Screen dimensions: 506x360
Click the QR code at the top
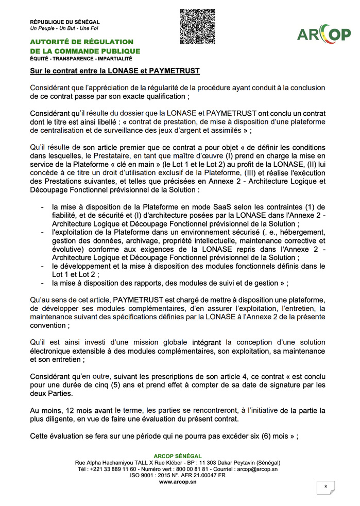click(x=197, y=27)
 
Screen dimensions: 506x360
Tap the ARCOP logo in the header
click(x=323, y=34)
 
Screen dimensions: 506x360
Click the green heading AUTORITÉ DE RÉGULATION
click(x=81, y=42)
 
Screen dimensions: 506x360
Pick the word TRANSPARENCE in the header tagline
click(x=78, y=59)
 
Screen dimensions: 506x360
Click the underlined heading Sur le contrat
click(x=114, y=71)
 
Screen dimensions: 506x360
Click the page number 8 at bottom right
click(x=325, y=486)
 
